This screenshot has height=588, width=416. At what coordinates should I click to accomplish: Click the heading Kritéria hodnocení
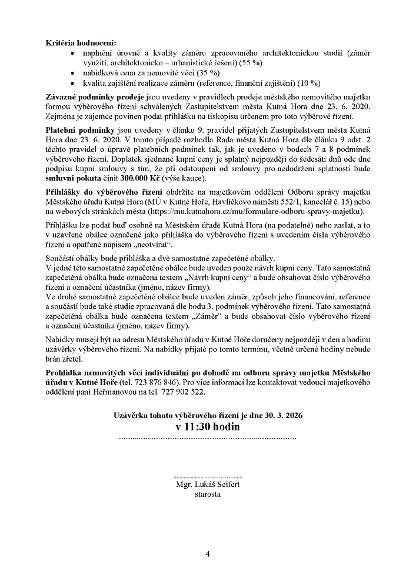[80, 43]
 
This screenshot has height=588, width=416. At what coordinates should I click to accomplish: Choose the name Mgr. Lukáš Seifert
[208, 485]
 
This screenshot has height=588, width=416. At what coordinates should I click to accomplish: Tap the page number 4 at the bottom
[208, 554]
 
